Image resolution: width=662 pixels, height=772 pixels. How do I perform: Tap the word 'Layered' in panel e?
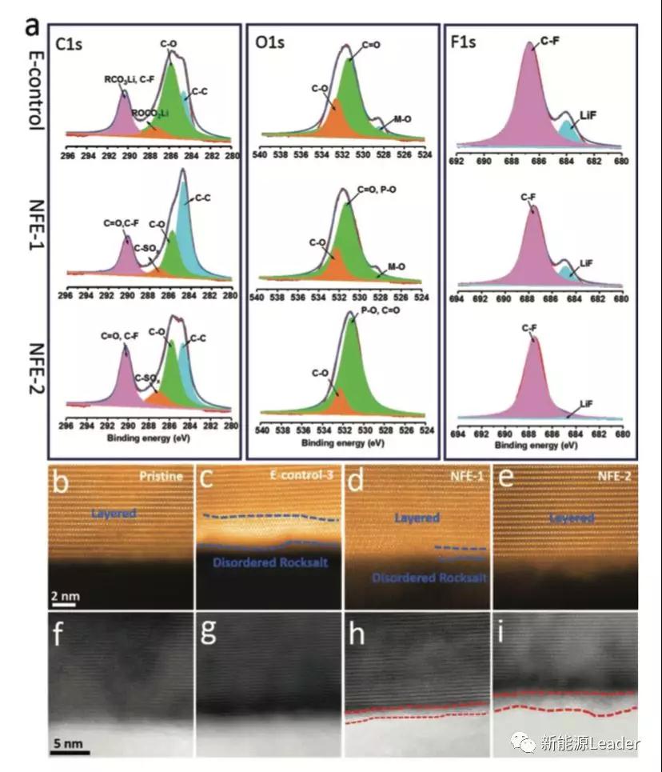[571, 519]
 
